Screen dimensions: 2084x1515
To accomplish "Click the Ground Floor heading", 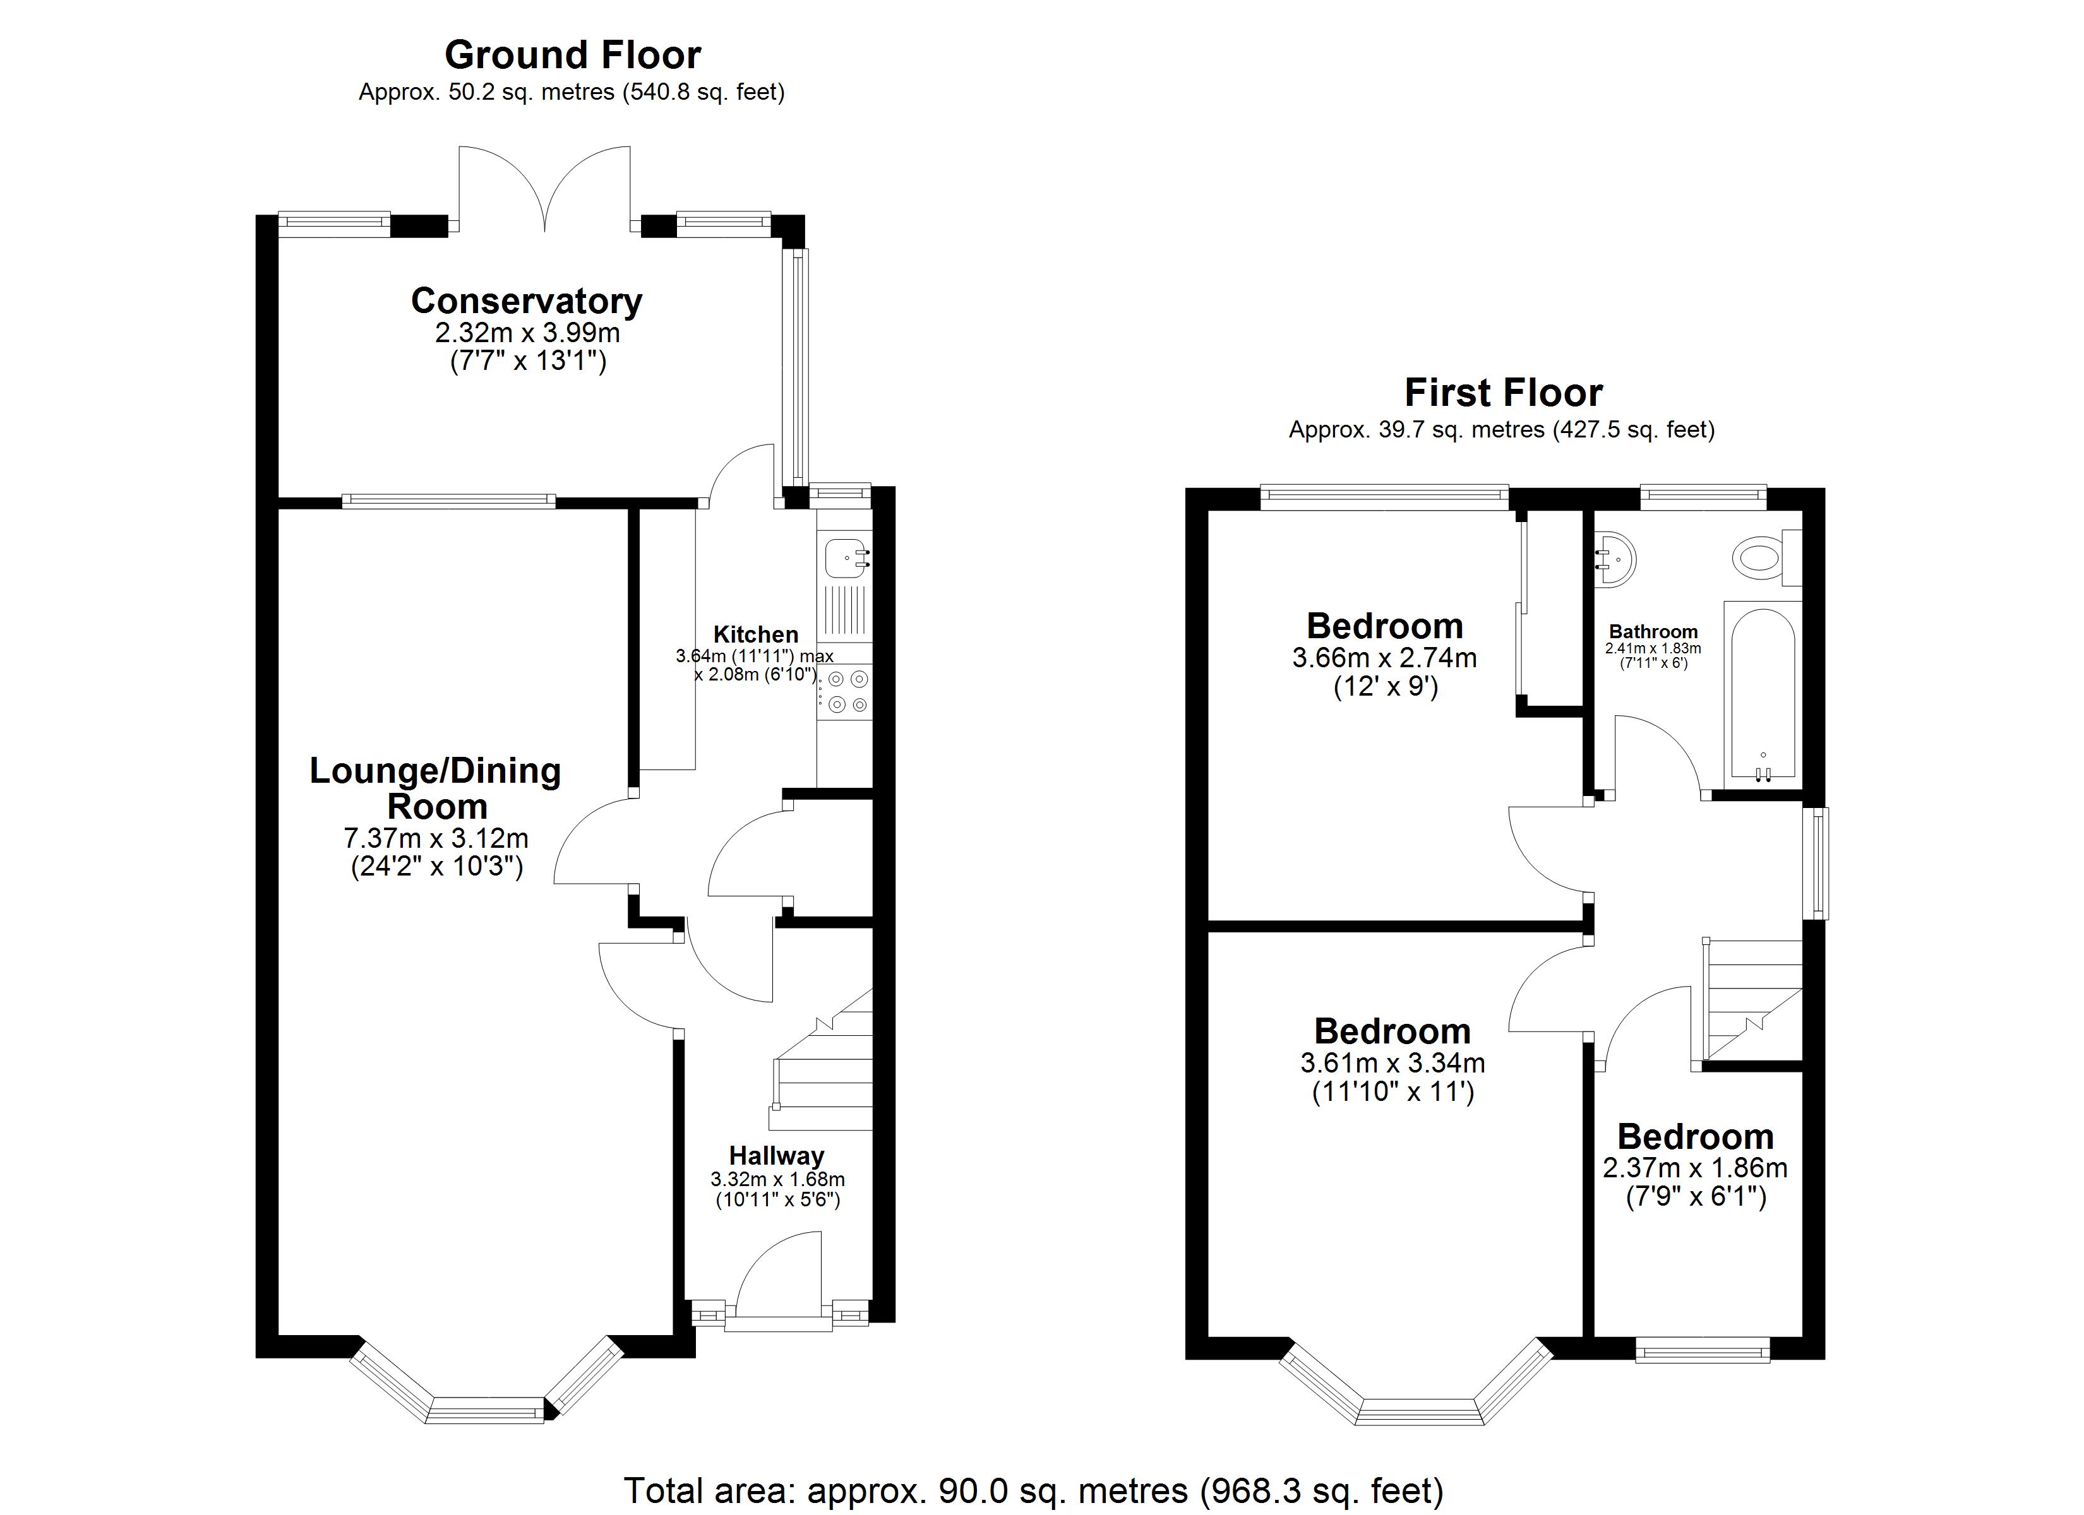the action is pyautogui.click(x=572, y=55).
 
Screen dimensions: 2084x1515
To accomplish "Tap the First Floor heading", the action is pyautogui.click(x=1503, y=393).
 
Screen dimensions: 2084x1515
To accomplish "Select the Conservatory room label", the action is pyautogui.click(x=527, y=300).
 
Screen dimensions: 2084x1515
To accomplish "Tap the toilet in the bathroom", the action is pyautogui.click(x=1766, y=557).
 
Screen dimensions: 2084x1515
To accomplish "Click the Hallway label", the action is pyautogui.click(x=776, y=1156).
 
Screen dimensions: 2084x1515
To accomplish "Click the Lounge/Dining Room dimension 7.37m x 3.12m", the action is pyautogui.click(x=436, y=838).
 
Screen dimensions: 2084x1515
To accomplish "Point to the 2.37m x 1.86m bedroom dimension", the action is pyautogui.click(x=1696, y=1168).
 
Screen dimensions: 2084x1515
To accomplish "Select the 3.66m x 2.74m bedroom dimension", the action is pyautogui.click(x=1385, y=658).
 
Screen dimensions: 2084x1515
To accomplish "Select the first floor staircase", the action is pyautogui.click(x=1751, y=1001).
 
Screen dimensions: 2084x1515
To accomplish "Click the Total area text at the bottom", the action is pyautogui.click(x=1034, y=1490).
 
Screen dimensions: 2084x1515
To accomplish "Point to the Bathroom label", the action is pyautogui.click(x=1653, y=632).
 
